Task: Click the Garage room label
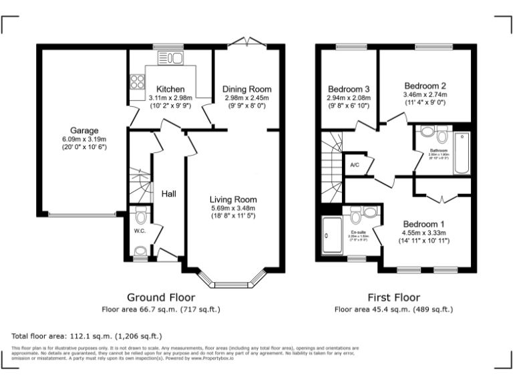tap(85, 130)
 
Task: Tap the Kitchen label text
tap(170, 90)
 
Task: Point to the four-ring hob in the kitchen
tap(138, 83)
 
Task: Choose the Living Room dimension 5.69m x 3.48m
tap(232, 208)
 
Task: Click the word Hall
tap(168, 194)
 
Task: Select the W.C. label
tap(140, 231)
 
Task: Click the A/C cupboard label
tap(355, 164)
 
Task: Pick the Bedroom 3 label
tap(349, 89)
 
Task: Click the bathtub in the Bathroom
tap(462, 153)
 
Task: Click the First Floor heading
tap(393, 297)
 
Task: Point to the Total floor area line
tap(87, 336)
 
